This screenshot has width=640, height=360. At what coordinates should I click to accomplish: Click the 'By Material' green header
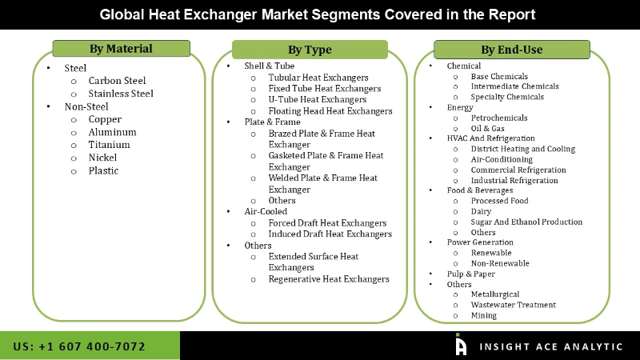[x=121, y=49]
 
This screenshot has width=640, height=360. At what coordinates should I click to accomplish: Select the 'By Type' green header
[x=310, y=50]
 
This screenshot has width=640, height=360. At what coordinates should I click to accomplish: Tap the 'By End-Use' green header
[x=511, y=50]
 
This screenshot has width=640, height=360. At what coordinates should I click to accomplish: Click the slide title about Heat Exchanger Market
[x=318, y=14]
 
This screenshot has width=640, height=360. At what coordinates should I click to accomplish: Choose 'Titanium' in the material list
[x=109, y=145]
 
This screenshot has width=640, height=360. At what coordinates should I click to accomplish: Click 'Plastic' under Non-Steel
[x=103, y=170]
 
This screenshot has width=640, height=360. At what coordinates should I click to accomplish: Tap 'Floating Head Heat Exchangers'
[x=330, y=111]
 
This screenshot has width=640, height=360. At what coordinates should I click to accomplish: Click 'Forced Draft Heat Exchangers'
[x=327, y=223]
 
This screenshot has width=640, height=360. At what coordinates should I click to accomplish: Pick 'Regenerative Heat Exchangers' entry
[x=329, y=279]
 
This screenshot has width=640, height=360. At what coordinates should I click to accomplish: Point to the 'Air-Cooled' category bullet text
[x=266, y=212]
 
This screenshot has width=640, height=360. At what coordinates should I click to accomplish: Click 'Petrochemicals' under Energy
[x=498, y=118]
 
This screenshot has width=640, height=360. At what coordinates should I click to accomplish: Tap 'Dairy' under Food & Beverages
[x=482, y=211]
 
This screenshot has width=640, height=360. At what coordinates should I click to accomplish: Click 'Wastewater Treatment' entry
[x=513, y=305]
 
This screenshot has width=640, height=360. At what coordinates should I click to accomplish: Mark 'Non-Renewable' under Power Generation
[x=500, y=263]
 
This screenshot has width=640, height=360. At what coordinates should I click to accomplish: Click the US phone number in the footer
[x=79, y=346]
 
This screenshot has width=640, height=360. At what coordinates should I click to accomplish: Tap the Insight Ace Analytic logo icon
[x=461, y=345]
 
